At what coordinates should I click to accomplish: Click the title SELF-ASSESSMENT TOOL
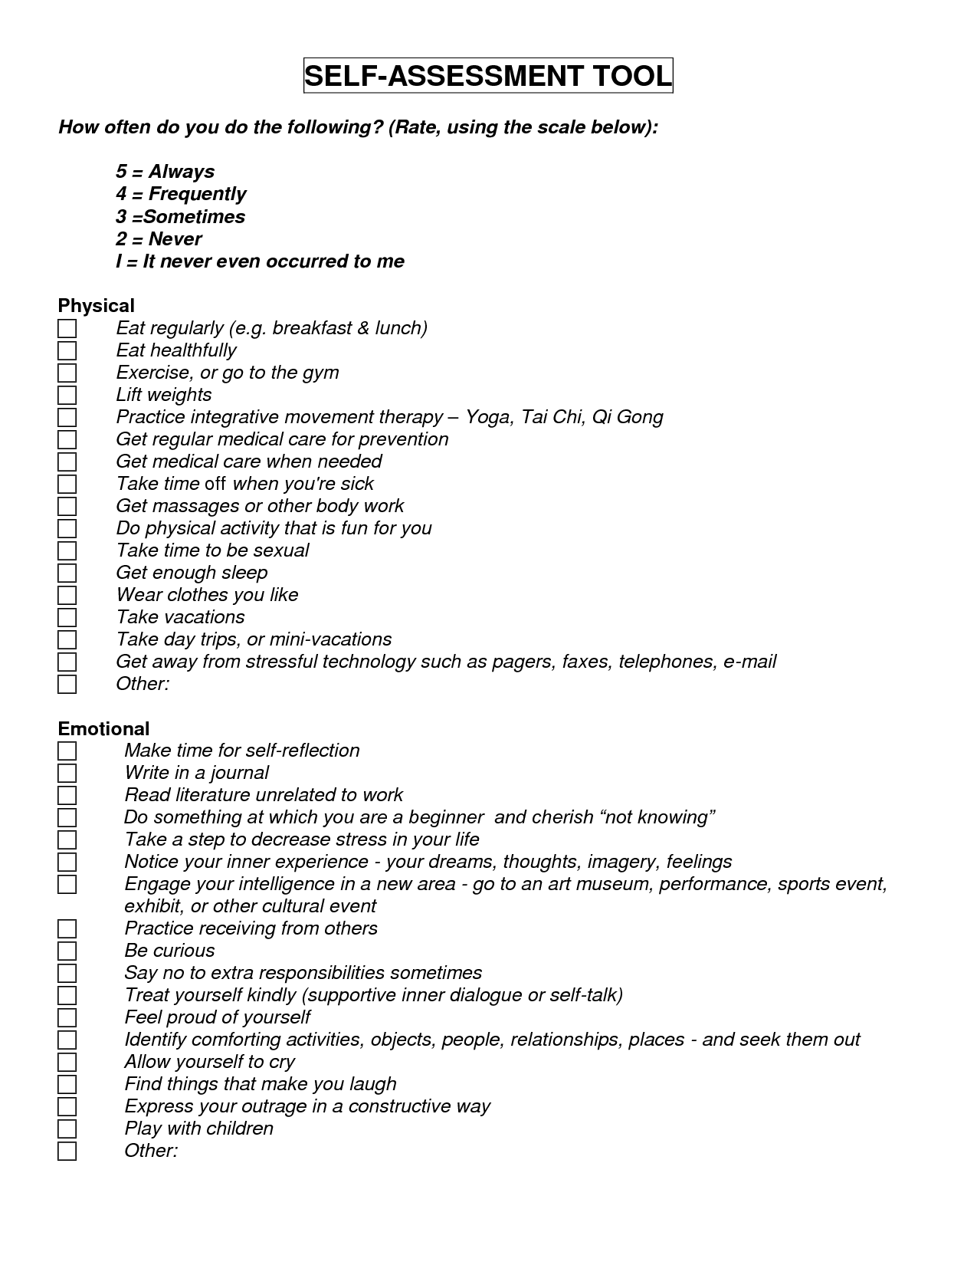pyautogui.click(x=488, y=76)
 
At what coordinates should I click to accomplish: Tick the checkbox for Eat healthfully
pyautogui.click(x=67, y=351)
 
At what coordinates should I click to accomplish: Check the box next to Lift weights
pyautogui.click(x=67, y=396)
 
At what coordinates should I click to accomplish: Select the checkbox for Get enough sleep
pyautogui.click(x=67, y=573)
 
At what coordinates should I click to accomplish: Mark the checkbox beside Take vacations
pyautogui.click(x=67, y=618)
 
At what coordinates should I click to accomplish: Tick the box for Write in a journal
pyautogui.click(x=67, y=773)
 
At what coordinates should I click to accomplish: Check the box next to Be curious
pyautogui.click(x=67, y=951)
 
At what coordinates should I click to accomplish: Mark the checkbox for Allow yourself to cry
pyautogui.click(x=67, y=1062)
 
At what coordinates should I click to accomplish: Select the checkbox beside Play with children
pyautogui.click(x=67, y=1129)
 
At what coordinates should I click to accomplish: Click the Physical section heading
pyautogui.click(x=97, y=306)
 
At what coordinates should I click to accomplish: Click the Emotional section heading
pyautogui.click(x=104, y=728)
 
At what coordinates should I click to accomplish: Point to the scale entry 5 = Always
pyautogui.click(x=165, y=172)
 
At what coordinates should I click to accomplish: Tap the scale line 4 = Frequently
pyautogui.click(x=181, y=194)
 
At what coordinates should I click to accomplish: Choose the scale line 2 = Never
pyautogui.click(x=159, y=238)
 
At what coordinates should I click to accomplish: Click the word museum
pyautogui.click(x=612, y=884)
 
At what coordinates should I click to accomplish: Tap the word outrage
pyautogui.click(x=274, y=1106)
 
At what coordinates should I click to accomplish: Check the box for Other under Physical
pyautogui.click(x=67, y=685)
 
